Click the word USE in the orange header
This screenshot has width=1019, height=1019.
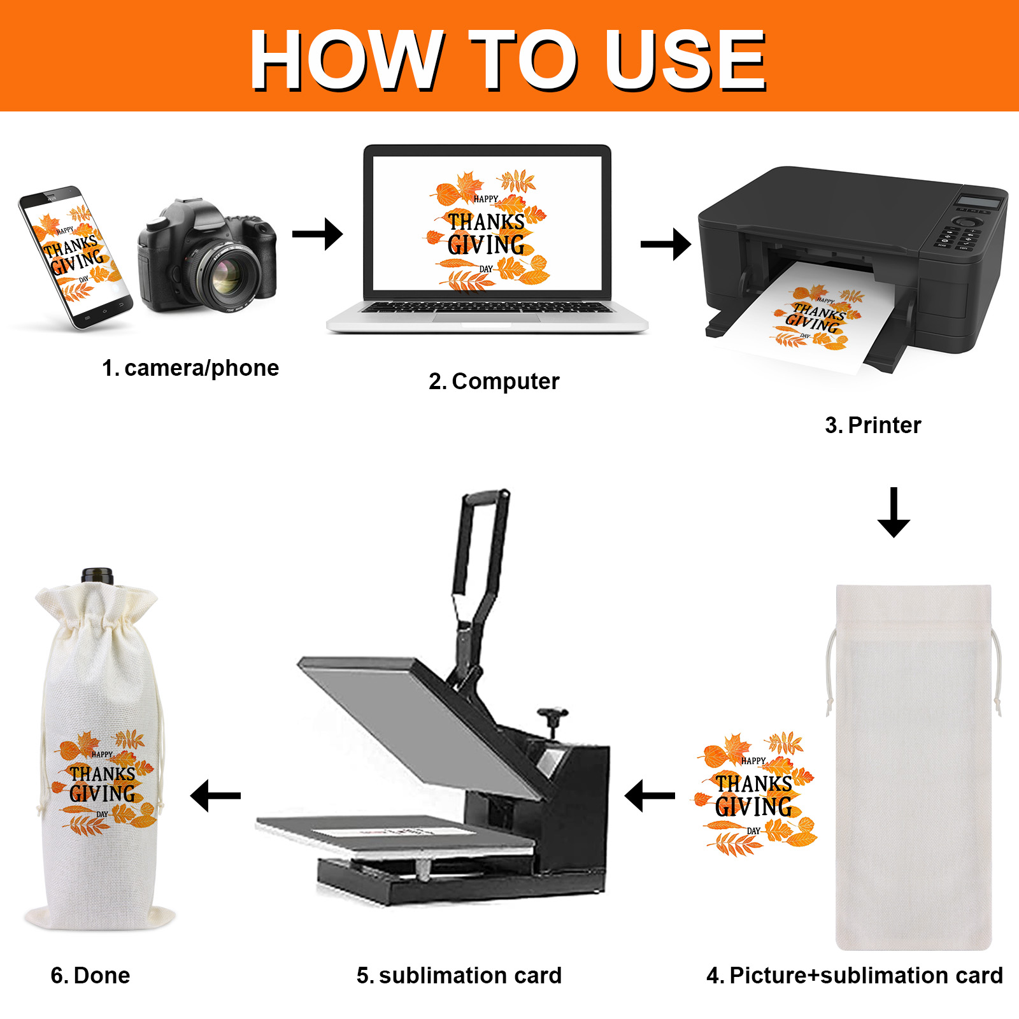685,60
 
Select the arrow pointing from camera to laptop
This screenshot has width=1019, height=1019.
317,234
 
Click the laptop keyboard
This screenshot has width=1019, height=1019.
487,308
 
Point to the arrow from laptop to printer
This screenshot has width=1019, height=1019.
666,244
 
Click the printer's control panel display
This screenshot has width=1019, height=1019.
979,202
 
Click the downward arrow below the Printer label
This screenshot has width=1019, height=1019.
894,512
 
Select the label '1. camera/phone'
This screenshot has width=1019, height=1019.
190,368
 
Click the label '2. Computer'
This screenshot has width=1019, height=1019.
494,381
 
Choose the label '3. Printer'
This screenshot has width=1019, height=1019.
873,425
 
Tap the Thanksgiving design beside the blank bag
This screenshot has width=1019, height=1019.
756,794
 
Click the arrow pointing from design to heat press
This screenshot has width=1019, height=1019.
650,795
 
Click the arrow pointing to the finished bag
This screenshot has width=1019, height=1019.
215,795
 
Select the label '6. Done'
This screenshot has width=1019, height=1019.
90,976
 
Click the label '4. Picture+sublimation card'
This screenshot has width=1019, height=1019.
855,976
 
